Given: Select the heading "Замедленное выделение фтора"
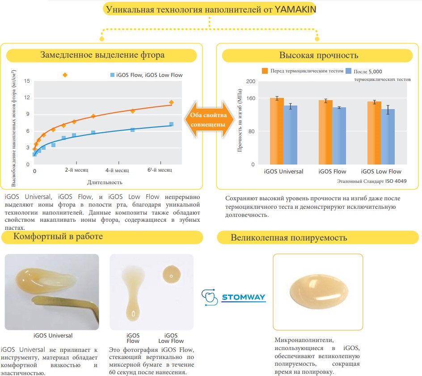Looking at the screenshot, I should point(102,55).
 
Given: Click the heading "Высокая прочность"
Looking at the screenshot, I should point(319,55).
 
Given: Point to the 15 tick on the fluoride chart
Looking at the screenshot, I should point(27,81).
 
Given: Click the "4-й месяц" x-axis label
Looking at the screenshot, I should point(117,170).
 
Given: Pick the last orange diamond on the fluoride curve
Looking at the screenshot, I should point(171,102).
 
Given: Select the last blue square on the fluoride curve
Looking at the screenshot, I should point(171,124).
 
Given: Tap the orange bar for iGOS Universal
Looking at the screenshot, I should point(277,131).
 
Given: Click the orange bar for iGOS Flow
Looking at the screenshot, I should point(325,132).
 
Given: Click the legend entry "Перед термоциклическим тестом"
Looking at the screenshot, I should point(302,71).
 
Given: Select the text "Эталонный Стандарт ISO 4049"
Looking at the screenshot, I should point(371,181).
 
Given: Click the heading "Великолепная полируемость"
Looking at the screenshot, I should point(289,238).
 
